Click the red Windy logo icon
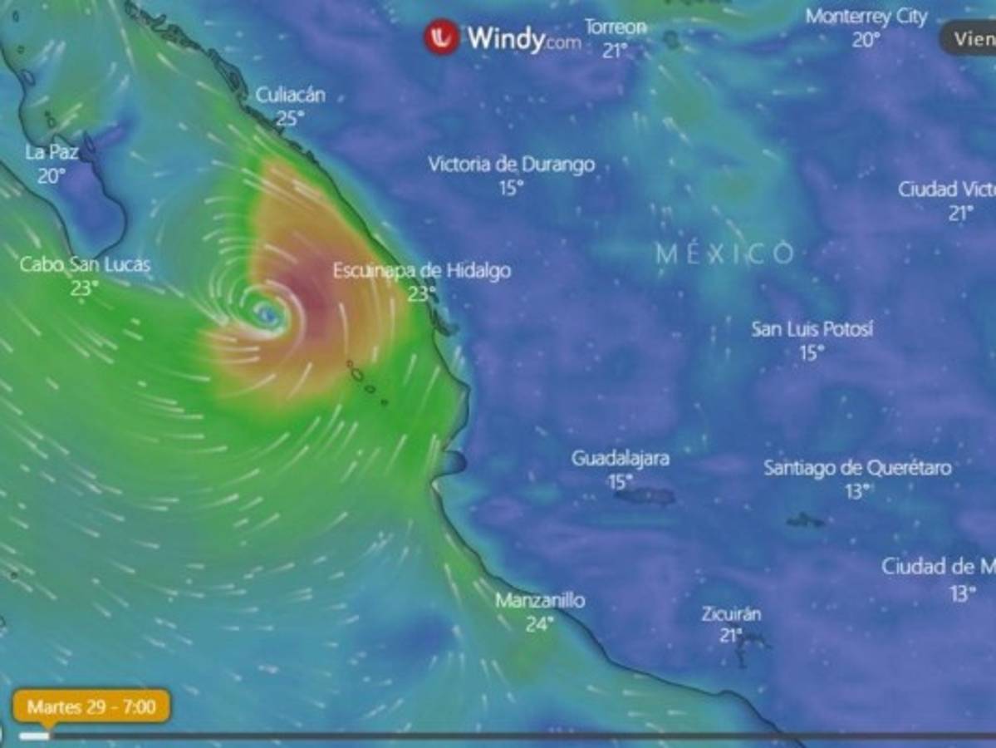click(441, 37)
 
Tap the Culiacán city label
click(290, 95)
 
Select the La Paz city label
click(52, 152)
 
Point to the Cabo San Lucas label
click(85, 265)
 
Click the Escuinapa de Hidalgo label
click(422, 271)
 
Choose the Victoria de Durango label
click(511, 165)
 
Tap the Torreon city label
click(615, 27)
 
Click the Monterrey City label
click(866, 17)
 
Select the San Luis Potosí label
click(812, 329)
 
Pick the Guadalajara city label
click(620, 458)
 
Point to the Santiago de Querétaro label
click(857, 468)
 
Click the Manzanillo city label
click(540, 600)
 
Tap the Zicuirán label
click(731, 614)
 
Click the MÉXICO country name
click(724, 253)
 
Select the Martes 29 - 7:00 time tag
click(91, 707)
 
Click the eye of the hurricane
click(267, 313)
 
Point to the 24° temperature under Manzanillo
click(540, 623)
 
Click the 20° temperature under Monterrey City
click(866, 40)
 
